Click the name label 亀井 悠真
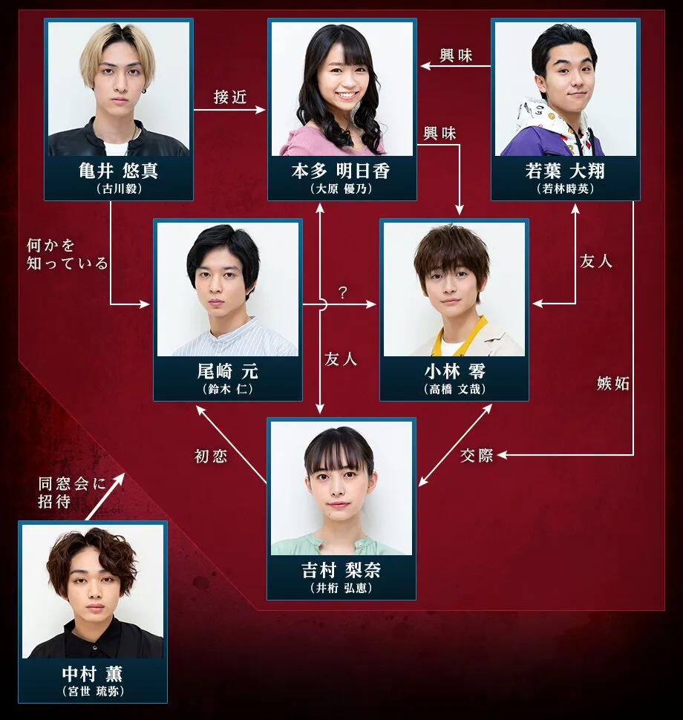[x=119, y=171]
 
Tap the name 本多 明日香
[x=341, y=171]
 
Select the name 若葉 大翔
[x=565, y=171]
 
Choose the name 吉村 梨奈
[x=341, y=572]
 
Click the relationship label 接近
[x=229, y=97]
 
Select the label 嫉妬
[x=612, y=384]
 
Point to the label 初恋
[x=210, y=456]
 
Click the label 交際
[x=477, y=455]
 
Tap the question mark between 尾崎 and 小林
[x=342, y=292]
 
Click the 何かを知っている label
[x=67, y=254]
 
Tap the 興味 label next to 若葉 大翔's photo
[x=456, y=56]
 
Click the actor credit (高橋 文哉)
[x=454, y=388]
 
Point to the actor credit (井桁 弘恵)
[x=341, y=588]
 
